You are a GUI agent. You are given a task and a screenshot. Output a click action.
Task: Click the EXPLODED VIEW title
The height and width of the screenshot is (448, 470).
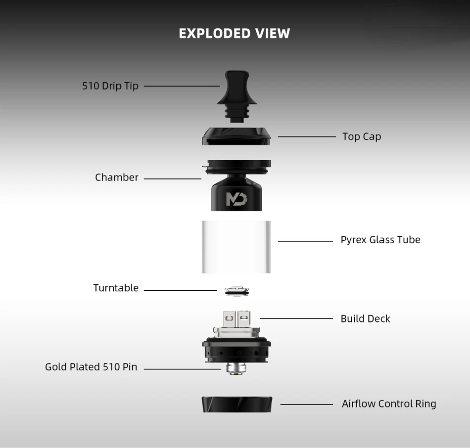point(235,34)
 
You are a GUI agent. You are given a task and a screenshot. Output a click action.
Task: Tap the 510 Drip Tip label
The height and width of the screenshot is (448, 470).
point(110,86)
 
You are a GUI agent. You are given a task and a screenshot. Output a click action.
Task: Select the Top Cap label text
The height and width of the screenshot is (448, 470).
point(362,136)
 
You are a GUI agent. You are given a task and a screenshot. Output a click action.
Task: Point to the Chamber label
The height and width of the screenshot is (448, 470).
point(117,178)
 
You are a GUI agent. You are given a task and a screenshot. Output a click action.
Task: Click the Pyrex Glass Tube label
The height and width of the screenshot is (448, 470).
point(380,240)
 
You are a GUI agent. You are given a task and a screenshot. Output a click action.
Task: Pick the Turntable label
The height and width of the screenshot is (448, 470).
point(116,288)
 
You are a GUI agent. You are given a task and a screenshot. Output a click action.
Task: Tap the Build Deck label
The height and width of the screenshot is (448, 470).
point(365,319)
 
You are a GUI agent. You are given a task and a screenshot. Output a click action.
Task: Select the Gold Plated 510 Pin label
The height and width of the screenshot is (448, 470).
point(91,367)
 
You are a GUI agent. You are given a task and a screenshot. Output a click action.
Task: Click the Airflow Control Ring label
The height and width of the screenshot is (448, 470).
point(389,404)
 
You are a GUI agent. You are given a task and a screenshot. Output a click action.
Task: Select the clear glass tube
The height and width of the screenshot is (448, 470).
point(236,247)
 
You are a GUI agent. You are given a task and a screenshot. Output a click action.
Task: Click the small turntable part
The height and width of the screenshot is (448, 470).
point(236,291)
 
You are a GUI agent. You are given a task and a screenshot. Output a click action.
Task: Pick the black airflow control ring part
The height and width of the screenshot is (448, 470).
point(236,404)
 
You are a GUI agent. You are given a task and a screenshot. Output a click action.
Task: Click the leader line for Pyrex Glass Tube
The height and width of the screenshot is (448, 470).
point(305,241)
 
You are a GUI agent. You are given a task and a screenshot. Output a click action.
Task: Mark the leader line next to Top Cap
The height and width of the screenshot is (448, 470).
point(307,136)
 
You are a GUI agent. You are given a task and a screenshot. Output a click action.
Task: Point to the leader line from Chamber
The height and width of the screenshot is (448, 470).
point(172,179)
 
